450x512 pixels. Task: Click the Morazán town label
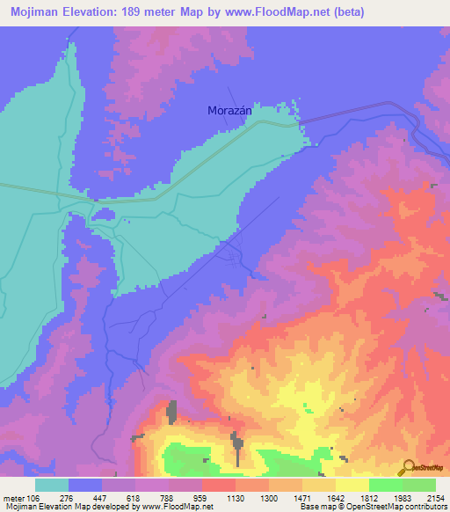click(x=229, y=111)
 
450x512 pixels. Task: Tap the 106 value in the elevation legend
click(x=33, y=498)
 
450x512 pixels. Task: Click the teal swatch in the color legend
click(x=52, y=485)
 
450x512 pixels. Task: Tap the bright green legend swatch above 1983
click(x=386, y=485)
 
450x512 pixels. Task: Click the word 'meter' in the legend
click(x=13, y=498)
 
